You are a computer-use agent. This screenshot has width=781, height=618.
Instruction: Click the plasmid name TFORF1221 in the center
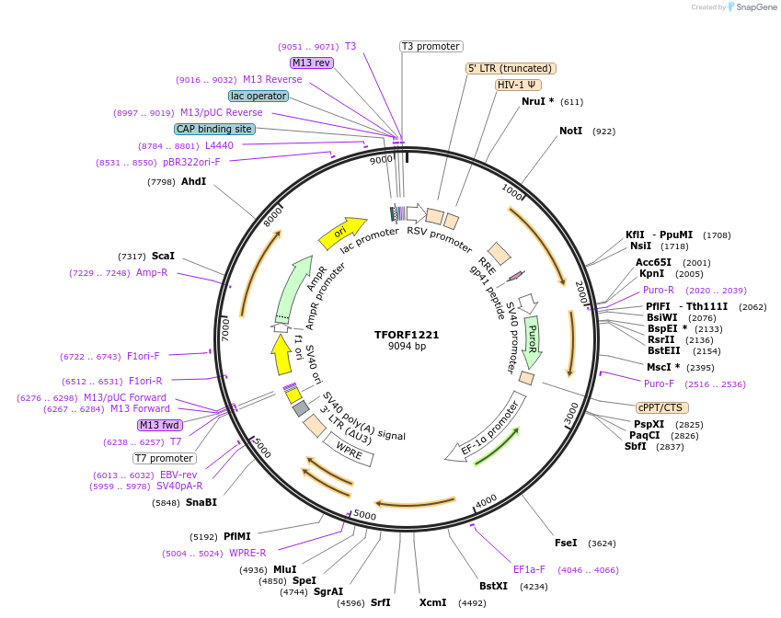click(x=407, y=335)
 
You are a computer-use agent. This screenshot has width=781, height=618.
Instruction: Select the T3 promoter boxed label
click(x=431, y=46)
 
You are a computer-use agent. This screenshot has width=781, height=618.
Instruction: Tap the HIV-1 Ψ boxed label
click(x=518, y=85)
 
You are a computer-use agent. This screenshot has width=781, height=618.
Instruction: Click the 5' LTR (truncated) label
click(x=511, y=68)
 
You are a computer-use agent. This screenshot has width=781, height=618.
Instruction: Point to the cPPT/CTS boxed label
click(x=661, y=407)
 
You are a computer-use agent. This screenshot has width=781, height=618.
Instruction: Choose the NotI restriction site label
click(x=570, y=132)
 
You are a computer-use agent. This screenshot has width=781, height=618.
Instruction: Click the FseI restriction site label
click(x=566, y=543)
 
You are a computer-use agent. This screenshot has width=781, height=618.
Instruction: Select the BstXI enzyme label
click(x=493, y=585)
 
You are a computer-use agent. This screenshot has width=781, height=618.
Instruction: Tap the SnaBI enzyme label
click(x=201, y=502)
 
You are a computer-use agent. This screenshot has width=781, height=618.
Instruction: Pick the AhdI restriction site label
click(x=193, y=181)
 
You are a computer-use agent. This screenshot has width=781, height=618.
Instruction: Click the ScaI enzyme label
click(x=163, y=256)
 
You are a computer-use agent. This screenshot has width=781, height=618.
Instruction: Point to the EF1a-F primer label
click(x=529, y=569)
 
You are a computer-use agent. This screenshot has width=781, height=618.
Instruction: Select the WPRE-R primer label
click(x=247, y=553)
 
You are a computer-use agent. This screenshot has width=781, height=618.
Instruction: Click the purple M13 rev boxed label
click(x=311, y=63)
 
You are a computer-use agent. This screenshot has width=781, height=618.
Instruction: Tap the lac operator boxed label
click(x=258, y=96)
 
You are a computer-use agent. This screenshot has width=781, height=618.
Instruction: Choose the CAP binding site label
click(x=213, y=129)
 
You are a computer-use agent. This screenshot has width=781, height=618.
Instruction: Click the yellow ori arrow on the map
click(x=341, y=234)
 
